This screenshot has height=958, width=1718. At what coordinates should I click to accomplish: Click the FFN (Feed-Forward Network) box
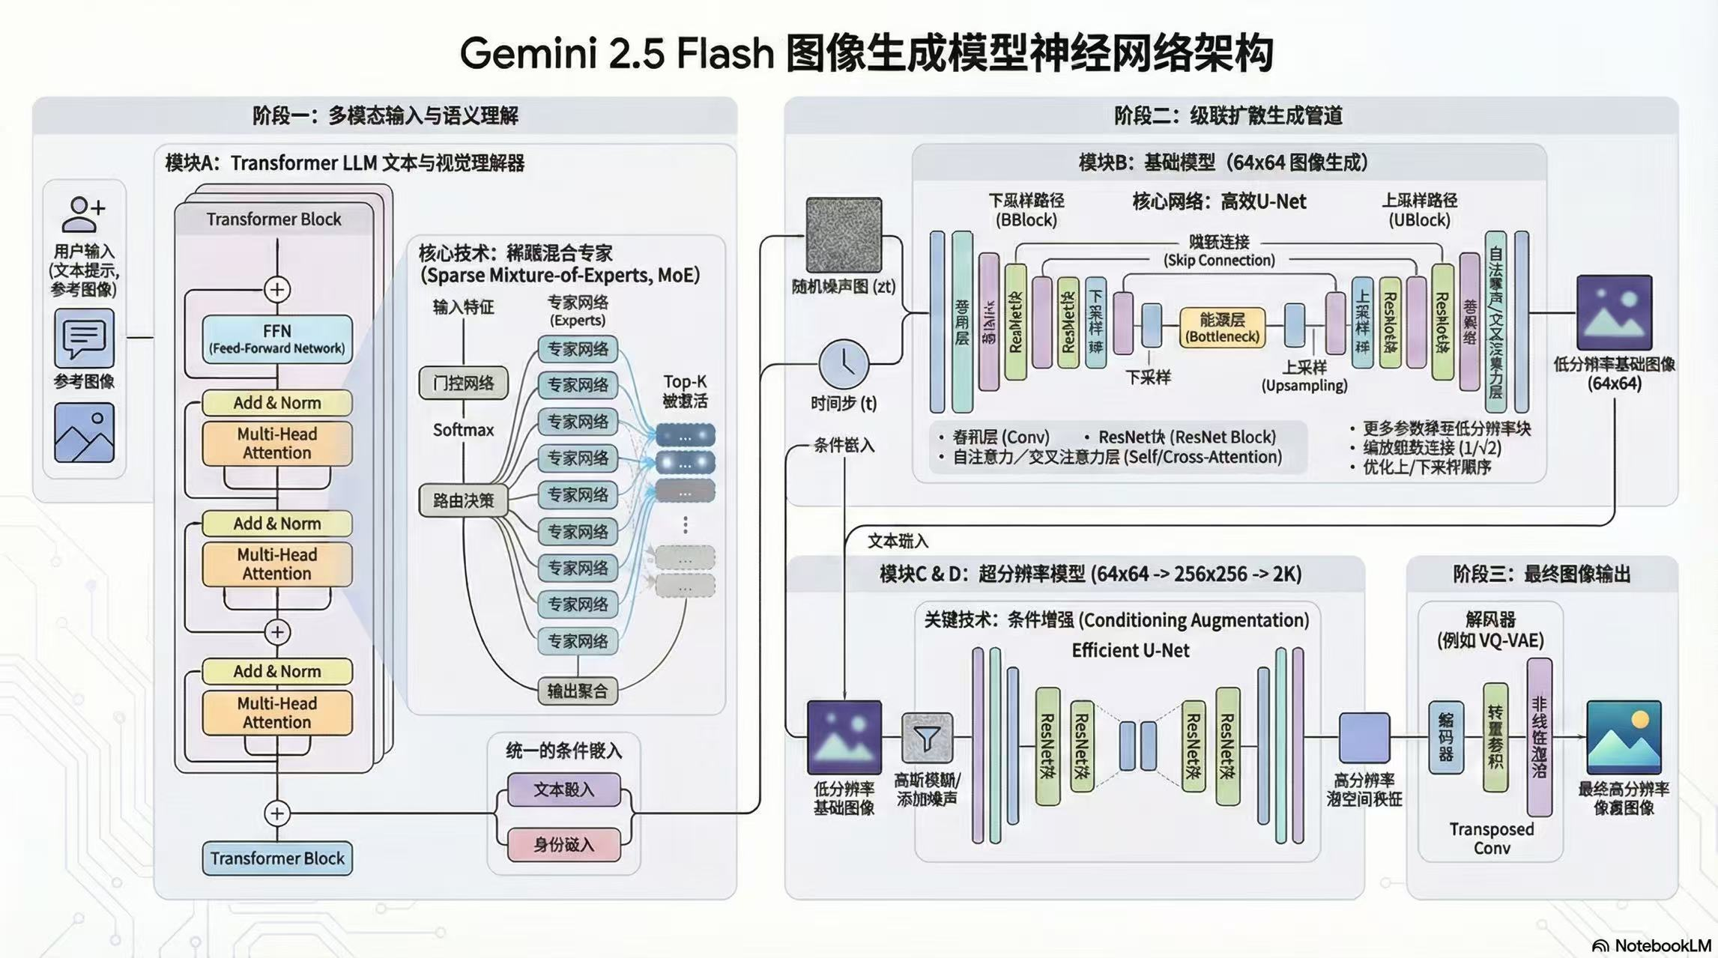point(276,339)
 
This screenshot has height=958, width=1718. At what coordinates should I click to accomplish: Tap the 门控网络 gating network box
point(463,383)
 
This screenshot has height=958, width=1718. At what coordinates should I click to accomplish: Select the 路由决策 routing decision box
point(463,500)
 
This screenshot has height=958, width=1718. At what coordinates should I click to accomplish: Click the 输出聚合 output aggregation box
point(577,691)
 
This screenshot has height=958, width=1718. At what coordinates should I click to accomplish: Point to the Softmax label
point(463,430)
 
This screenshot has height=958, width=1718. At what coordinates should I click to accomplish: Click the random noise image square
point(844,234)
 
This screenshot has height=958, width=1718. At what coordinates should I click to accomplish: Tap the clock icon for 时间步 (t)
point(844,365)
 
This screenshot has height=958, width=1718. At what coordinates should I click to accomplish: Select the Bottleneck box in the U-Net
point(1222,328)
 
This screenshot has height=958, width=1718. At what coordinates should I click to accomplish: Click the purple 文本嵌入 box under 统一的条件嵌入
point(563,789)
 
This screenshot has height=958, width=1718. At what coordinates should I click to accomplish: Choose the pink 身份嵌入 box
point(563,845)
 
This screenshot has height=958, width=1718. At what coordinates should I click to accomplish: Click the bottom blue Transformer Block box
point(276,858)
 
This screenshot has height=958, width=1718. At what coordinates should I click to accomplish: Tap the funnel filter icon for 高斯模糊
point(927,738)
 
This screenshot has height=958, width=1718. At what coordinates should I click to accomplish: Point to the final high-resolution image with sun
point(1624,738)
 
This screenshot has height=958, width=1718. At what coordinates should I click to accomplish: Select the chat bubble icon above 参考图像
point(84,339)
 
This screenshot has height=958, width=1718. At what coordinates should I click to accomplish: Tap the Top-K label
point(685,382)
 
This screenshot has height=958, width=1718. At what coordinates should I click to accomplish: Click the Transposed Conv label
point(1491,839)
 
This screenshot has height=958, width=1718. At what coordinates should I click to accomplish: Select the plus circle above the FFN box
point(277,290)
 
